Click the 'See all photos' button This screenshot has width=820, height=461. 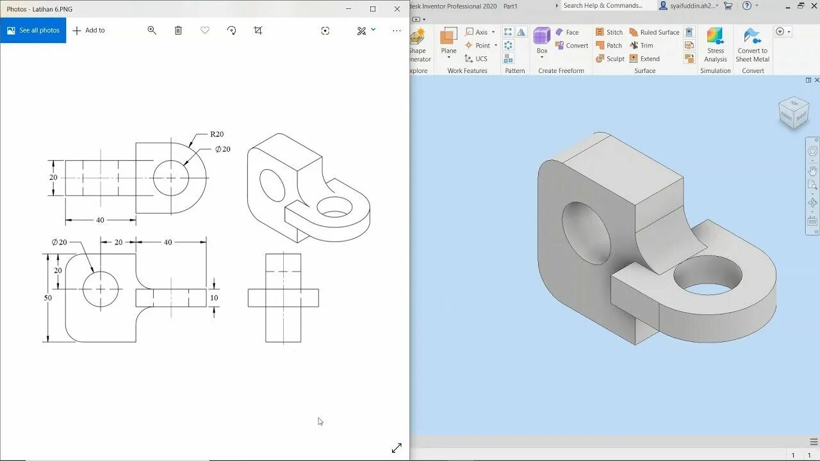(33, 30)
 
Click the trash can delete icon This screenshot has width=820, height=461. (178, 30)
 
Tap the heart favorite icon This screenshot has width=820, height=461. (205, 30)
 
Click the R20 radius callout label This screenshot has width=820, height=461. (217, 134)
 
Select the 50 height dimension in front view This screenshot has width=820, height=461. (48, 298)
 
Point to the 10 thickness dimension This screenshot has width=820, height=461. (214, 298)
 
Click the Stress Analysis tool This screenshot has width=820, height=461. (716, 45)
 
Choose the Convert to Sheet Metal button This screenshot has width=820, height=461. (752, 45)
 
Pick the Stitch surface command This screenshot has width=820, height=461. (609, 32)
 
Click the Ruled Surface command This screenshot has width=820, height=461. (654, 32)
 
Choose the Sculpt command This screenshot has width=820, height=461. (610, 58)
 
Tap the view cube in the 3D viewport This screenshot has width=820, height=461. (793, 113)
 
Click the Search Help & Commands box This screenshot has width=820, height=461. (607, 6)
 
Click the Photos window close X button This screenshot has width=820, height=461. (397, 9)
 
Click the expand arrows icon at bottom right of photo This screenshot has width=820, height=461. (397, 448)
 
